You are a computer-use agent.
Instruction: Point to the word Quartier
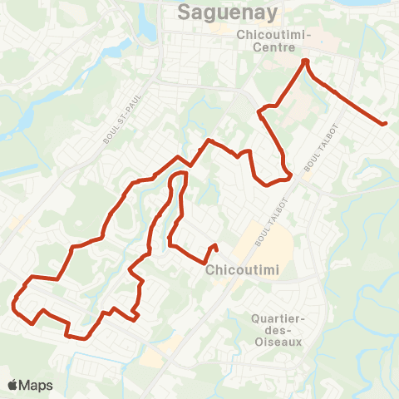point(274,318)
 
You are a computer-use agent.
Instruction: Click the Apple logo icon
point(13,385)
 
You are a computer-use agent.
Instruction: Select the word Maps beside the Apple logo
point(37,385)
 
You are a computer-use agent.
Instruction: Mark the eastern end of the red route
point(385,124)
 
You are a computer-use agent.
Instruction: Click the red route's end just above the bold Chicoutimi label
point(215,245)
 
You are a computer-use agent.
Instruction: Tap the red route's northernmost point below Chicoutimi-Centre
point(305,62)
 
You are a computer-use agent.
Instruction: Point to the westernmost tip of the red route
point(14,305)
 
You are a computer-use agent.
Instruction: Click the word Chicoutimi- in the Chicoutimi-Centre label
point(273,35)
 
